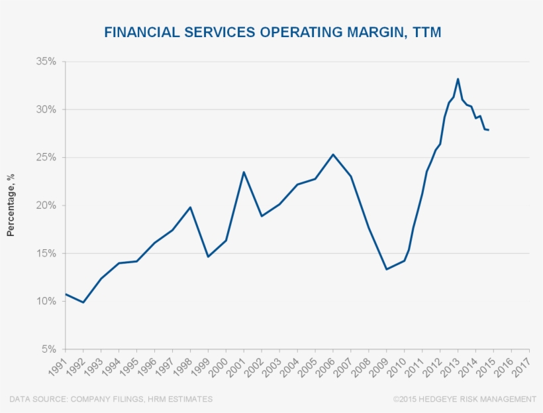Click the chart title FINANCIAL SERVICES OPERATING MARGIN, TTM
(272, 32)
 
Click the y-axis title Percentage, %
(11, 206)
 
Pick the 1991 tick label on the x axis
(57, 365)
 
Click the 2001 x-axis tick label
(235, 365)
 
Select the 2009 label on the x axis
(378, 365)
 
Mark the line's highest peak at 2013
(458, 79)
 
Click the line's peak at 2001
(244, 172)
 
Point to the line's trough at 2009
(386, 269)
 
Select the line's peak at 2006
(333, 154)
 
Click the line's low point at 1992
(83, 302)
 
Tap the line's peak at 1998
(190, 207)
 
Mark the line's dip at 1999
(208, 257)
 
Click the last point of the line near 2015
(489, 130)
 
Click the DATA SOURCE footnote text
(111, 399)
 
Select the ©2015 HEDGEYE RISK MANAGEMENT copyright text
(464, 399)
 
